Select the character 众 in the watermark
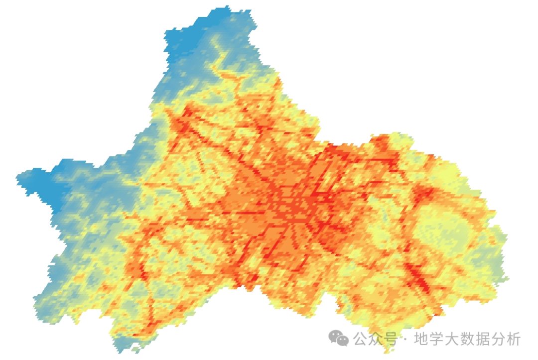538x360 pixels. (377, 339)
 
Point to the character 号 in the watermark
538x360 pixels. (392, 339)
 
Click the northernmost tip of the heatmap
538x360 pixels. (227, 6)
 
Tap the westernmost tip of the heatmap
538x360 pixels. (17, 177)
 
